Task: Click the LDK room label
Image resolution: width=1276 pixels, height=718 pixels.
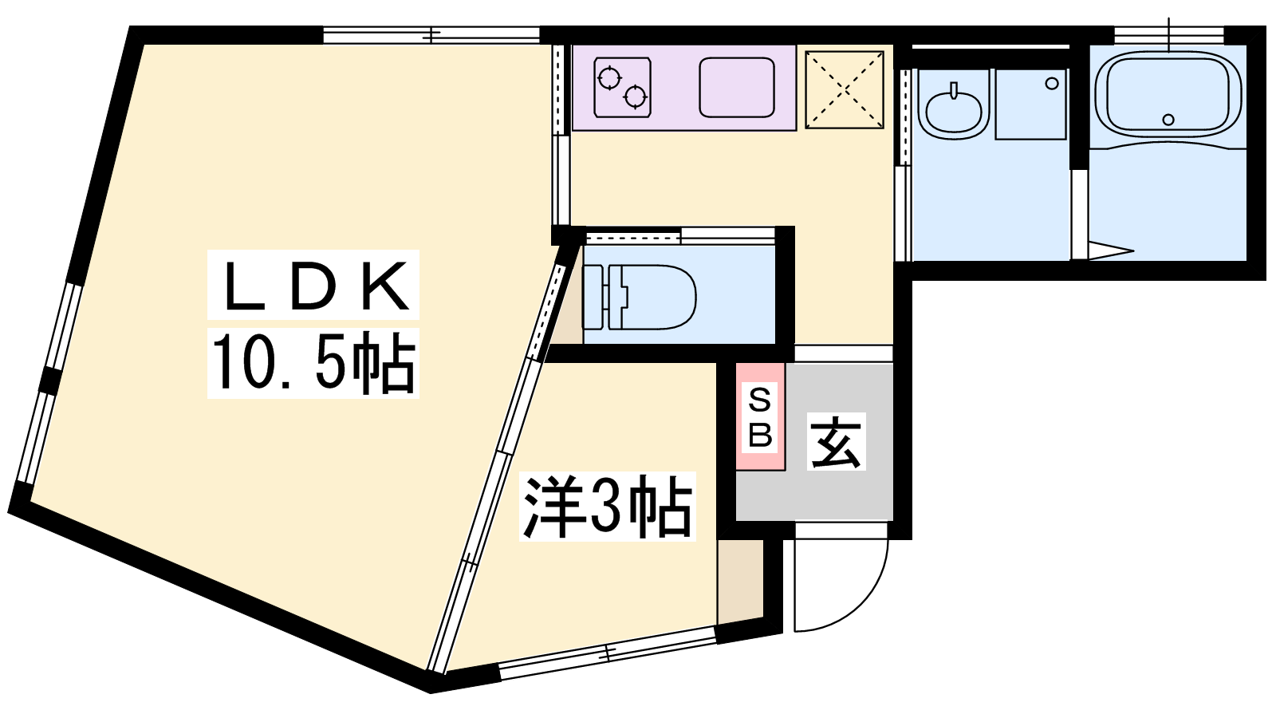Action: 313,286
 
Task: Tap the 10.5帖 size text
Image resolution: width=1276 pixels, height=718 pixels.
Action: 313,363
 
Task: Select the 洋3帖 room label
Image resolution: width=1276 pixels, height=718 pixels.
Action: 607,507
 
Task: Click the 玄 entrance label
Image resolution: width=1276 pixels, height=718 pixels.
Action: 836,442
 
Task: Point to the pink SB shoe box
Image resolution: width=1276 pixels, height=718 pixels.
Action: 760,416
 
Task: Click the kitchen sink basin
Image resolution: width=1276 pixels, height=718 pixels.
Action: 737,87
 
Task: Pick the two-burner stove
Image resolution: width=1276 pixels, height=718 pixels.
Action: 622,87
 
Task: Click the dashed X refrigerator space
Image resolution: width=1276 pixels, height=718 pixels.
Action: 845,89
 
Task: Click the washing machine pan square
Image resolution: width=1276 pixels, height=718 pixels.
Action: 1030,104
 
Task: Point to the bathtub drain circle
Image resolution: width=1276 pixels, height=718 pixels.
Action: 1168,120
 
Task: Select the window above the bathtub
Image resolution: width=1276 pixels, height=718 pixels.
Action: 1168,35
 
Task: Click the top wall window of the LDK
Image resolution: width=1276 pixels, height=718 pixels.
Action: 431,35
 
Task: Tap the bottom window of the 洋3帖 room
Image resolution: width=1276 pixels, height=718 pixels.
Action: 607,653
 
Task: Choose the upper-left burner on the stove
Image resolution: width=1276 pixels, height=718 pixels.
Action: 610,78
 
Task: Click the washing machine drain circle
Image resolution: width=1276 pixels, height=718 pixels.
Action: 1052,83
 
